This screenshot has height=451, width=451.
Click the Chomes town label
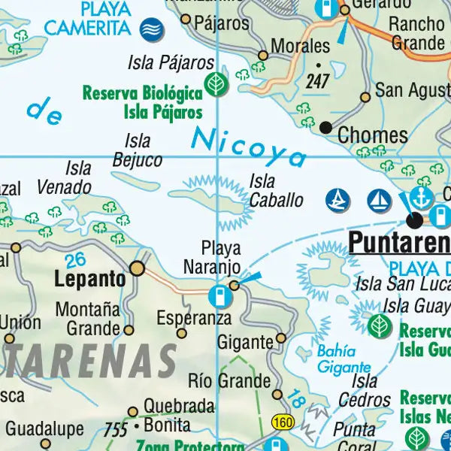tap(373, 136)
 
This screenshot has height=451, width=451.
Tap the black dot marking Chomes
tap(325, 128)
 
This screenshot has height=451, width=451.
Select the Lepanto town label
tap(90, 279)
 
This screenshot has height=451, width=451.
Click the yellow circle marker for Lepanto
tap(138, 268)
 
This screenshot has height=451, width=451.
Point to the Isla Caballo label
tap(276, 191)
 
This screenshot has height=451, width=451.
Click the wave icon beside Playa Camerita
tap(152, 29)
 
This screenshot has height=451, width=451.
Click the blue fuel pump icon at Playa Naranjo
tap(219, 295)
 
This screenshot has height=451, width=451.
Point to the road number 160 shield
tap(283, 422)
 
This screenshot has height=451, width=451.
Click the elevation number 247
tap(317, 81)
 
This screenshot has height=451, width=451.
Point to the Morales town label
tap(300, 46)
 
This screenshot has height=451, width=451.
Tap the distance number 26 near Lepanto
tap(75, 261)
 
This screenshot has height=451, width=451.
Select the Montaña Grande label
tap(88, 319)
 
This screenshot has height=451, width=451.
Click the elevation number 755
tap(116, 430)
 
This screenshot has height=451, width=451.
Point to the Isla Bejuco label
tap(137, 150)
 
